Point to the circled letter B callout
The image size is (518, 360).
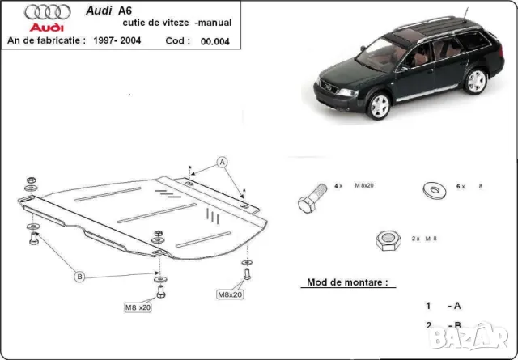[x=79, y=277]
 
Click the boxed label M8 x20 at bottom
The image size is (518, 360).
[x=138, y=308]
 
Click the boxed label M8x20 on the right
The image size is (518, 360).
[x=229, y=294]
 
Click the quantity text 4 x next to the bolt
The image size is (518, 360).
[x=338, y=187]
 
